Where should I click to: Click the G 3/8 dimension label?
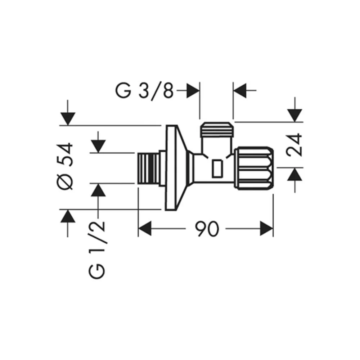click(x=144, y=91)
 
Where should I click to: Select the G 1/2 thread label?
click(x=96, y=250)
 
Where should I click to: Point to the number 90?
click(x=207, y=229)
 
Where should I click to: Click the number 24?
click(x=294, y=145)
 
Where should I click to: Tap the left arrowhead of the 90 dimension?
click(x=145, y=229)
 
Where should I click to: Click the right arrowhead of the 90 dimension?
click(x=266, y=229)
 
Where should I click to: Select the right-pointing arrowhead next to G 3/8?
click(x=193, y=90)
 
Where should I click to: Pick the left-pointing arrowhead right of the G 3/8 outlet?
click(x=240, y=90)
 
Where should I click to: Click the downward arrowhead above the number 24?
click(x=294, y=116)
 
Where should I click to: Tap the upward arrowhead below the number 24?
click(x=294, y=174)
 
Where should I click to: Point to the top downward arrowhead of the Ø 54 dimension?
click(x=68, y=119)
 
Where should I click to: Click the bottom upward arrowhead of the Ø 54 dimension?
click(x=68, y=216)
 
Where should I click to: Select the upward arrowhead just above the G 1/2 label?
click(x=98, y=190)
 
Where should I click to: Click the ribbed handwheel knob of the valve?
click(x=254, y=168)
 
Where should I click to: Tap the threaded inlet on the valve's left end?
click(x=148, y=168)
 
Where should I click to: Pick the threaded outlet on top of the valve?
click(x=217, y=130)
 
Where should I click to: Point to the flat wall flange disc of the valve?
click(x=171, y=168)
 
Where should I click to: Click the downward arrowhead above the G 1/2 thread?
click(x=98, y=146)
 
